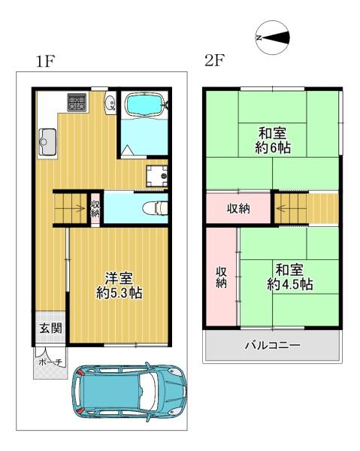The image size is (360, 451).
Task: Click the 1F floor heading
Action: coord(45,61)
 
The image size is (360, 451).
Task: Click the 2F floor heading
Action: coord(214,60)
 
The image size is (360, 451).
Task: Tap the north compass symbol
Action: coord(273,38)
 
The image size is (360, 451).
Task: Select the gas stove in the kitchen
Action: coord(77,102)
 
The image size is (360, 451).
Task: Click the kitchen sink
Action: coord(47,142)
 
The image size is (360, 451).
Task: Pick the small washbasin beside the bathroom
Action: coord(110,104)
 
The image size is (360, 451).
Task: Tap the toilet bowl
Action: coord(155,208)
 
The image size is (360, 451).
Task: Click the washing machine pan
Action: coord(156,176)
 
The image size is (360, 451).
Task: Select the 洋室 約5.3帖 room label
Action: coord(119,286)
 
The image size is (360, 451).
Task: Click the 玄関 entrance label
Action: coord(50,328)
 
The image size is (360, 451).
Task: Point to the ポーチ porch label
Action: coord(50,362)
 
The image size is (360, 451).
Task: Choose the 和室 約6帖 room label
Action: coord(273,141)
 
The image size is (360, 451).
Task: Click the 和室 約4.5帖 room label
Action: coord(289,277)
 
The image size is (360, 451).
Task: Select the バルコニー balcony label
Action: coord(272,344)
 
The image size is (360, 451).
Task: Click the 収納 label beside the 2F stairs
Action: coord(238,209)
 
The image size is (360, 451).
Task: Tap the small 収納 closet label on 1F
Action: coord(95,209)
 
